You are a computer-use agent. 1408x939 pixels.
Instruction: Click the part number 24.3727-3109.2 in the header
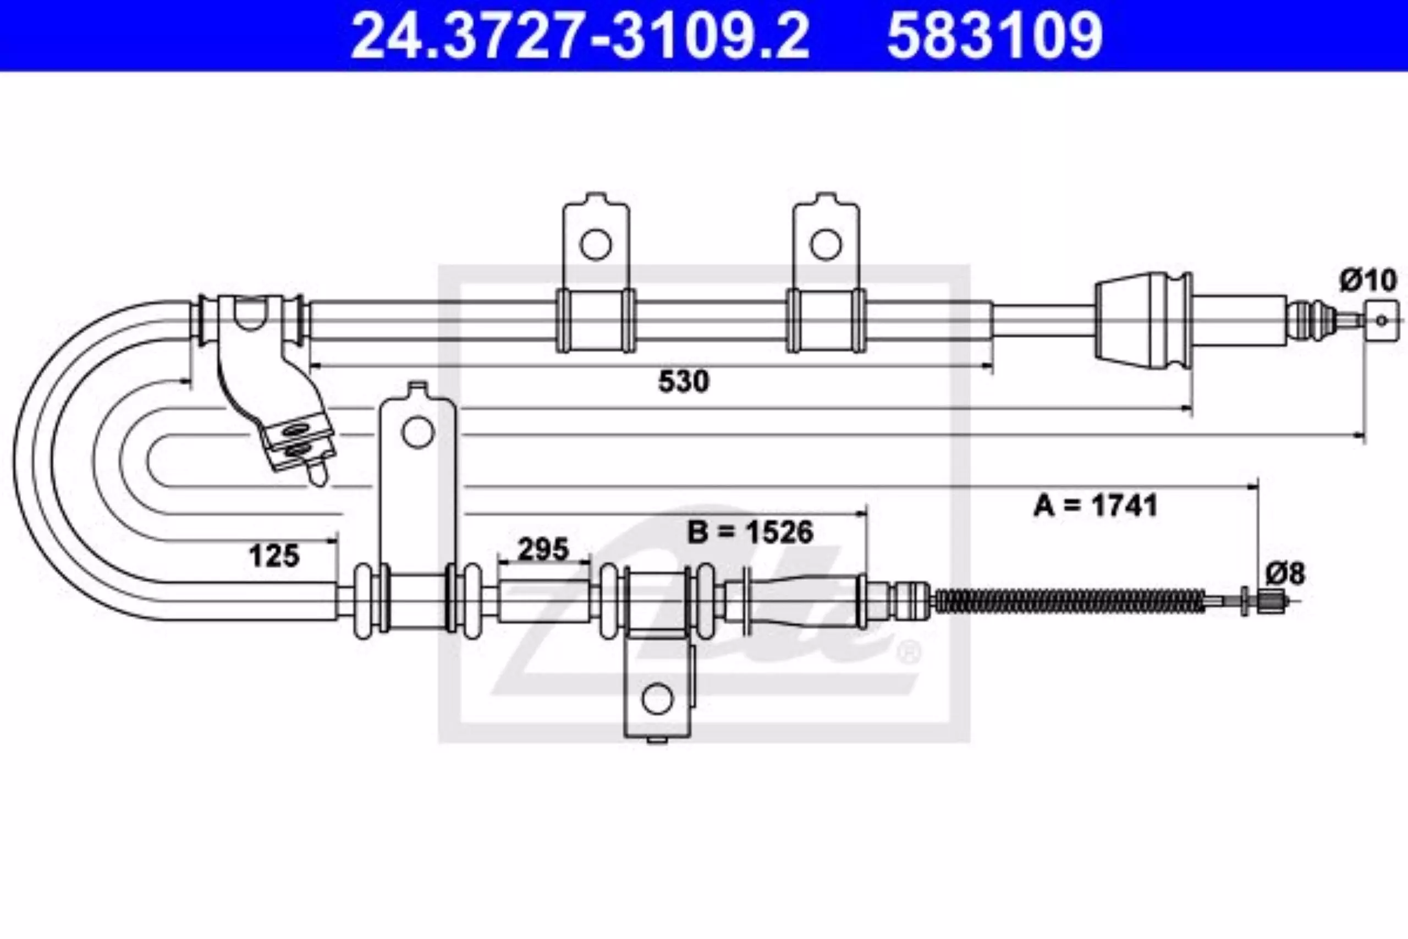tap(580, 35)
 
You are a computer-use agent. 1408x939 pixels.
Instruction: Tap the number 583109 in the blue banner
tap(994, 35)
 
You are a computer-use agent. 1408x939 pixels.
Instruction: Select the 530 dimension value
tap(684, 381)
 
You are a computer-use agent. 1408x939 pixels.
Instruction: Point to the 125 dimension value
tap(274, 556)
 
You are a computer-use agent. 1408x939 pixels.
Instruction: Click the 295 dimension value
tap(543, 548)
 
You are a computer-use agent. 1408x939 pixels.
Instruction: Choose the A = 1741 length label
tap(1096, 505)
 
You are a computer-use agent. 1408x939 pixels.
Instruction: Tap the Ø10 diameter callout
tap(1368, 280)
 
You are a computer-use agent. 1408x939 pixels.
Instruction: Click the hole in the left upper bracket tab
tap(596, 244)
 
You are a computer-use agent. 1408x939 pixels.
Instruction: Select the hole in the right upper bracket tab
tap(826, 244)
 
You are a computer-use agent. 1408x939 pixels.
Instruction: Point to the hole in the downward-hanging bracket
tap(657, 698)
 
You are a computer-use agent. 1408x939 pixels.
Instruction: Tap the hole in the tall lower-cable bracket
tap(417, 432)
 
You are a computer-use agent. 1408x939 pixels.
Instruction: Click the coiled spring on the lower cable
tap(1070, 601)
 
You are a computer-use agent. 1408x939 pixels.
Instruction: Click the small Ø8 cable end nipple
tap(1270, 600)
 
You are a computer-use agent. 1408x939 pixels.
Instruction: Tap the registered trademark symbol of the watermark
tap(909, 652)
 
